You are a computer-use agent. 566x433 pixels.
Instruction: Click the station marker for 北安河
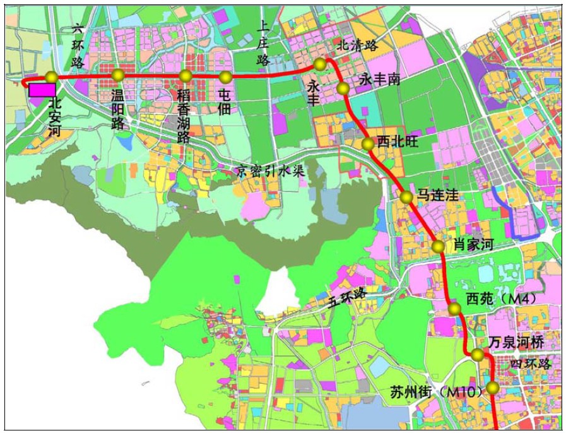pos(51,77)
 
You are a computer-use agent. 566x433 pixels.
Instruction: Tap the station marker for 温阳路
pos(117,76)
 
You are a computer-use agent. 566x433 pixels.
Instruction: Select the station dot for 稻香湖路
pos(185,76)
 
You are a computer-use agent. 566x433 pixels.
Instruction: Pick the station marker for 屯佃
pos(225,77)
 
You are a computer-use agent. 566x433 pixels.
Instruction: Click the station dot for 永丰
pos(320,64)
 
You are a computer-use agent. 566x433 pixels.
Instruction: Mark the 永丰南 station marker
pos(343,88)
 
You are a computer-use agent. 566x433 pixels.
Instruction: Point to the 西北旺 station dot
pos(367,145)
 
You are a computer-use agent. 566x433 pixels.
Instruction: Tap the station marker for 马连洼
pos(406,197)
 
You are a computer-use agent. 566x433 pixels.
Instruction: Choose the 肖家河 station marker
pos(438,246)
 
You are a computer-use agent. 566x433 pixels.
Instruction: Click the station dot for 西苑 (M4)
pos(454,309)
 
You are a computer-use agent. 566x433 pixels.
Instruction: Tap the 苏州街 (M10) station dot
pos(492,388)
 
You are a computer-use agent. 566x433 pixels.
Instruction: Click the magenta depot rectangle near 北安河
pos(42,89)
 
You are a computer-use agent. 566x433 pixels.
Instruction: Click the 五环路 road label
pos(346,296)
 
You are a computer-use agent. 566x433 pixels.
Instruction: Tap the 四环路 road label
pos(531,364)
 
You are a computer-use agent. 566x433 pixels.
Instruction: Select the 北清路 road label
pos(357,45)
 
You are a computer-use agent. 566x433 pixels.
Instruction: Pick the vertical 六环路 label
pos(78,45)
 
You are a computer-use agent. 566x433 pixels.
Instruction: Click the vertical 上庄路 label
pos(263,42)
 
